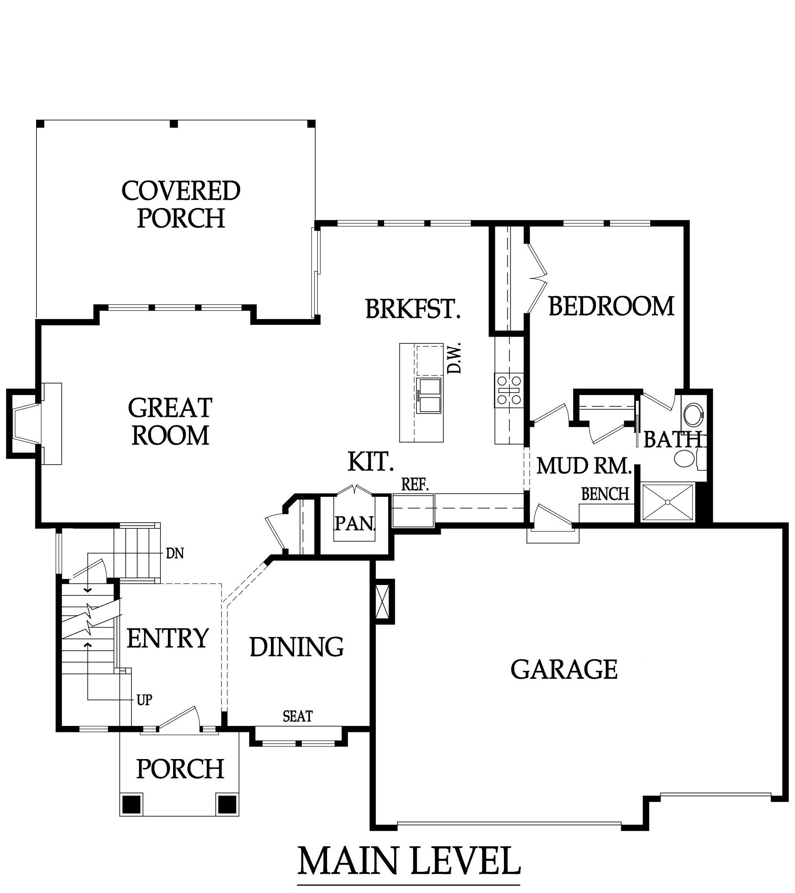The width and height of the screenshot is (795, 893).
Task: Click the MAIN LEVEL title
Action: point(409,861)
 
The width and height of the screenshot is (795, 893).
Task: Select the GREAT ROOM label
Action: point(170,421)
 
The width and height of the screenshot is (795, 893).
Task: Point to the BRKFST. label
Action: point(413,308)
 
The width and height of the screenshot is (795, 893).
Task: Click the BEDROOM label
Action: point(612,306)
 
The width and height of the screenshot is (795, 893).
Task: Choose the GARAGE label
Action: point(564,669)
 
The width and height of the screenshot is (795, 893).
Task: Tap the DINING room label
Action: point(297,647)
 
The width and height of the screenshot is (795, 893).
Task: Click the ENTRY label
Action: point(167,638)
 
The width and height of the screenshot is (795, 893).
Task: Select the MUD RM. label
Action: point(584,466)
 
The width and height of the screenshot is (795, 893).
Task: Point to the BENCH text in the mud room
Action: point(605,494)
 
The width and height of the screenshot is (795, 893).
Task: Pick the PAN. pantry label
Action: point(354,523)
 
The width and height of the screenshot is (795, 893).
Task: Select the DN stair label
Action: point(175,554)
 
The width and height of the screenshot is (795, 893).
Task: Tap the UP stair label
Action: point(145,700)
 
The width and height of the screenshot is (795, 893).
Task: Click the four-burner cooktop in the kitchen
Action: point(509,389)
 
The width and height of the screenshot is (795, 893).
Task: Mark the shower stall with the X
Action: point(667,502)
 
